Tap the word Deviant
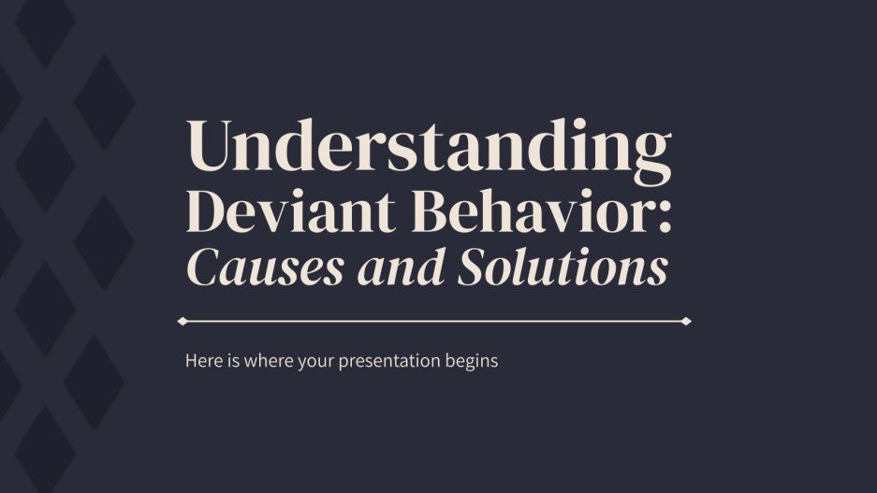click(264, 212)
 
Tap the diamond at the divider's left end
click(183, 321)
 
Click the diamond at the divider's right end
click(686, 321)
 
